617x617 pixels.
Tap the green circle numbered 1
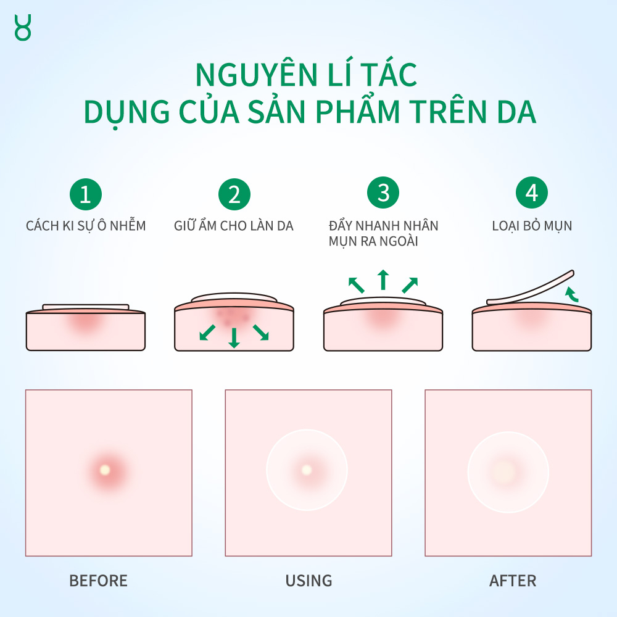(85, 194)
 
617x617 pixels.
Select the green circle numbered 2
(234, 194)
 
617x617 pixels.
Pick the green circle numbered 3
(383, 193)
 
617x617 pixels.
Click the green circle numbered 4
(532, 193)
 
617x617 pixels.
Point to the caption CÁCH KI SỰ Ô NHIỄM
(86, 226)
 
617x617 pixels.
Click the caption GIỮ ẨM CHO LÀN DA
(234, 226)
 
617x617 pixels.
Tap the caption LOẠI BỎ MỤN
(532, 226)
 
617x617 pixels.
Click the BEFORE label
(98, 581)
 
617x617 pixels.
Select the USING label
(308, 581)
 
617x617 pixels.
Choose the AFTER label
(513, 581)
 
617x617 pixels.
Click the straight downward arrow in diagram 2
(234, 337)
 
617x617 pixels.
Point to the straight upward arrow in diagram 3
(383, 280)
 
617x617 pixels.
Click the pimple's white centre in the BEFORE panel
(104, 470)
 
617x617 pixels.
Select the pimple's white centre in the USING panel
(307, 470)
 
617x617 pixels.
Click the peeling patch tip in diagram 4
(571, 272)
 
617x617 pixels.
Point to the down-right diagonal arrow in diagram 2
(261, 333)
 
